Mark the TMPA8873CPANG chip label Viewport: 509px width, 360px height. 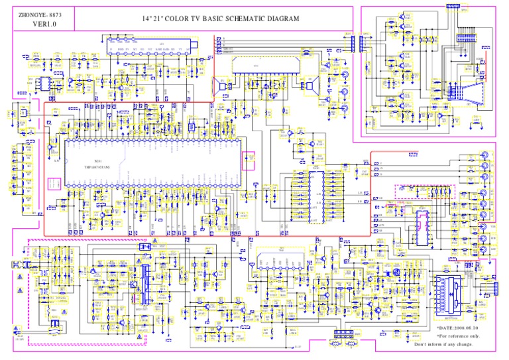(98, 168)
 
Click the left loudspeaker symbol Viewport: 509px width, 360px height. (217, 85)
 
